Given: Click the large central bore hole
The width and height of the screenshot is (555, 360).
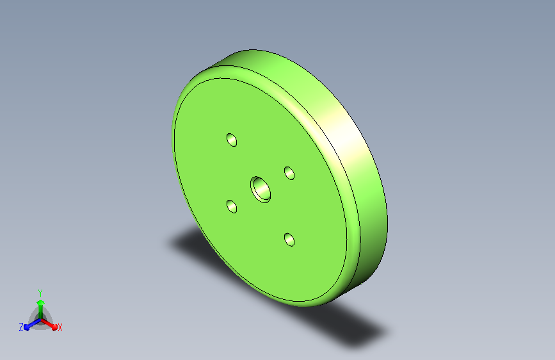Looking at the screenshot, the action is tap(261, 190).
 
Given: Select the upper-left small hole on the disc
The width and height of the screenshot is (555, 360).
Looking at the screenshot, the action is tap(232, 140).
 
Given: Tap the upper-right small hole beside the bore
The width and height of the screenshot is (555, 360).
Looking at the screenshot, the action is tap(289, 173).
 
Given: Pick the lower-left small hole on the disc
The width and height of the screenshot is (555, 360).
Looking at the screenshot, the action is tap(232, 206).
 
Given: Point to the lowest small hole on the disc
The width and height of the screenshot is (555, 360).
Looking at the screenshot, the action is tap(289, 240).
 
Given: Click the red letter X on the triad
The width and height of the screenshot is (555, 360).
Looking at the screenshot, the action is tap(60, 327).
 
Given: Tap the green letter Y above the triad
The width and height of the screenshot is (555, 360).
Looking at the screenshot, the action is tap(40, 293).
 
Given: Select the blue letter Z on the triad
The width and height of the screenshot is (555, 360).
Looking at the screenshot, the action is tap(21, 327).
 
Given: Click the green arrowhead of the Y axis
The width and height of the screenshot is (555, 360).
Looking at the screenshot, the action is tap(40, 302).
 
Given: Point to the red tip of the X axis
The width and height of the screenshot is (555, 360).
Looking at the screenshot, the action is tap(54, 327).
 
